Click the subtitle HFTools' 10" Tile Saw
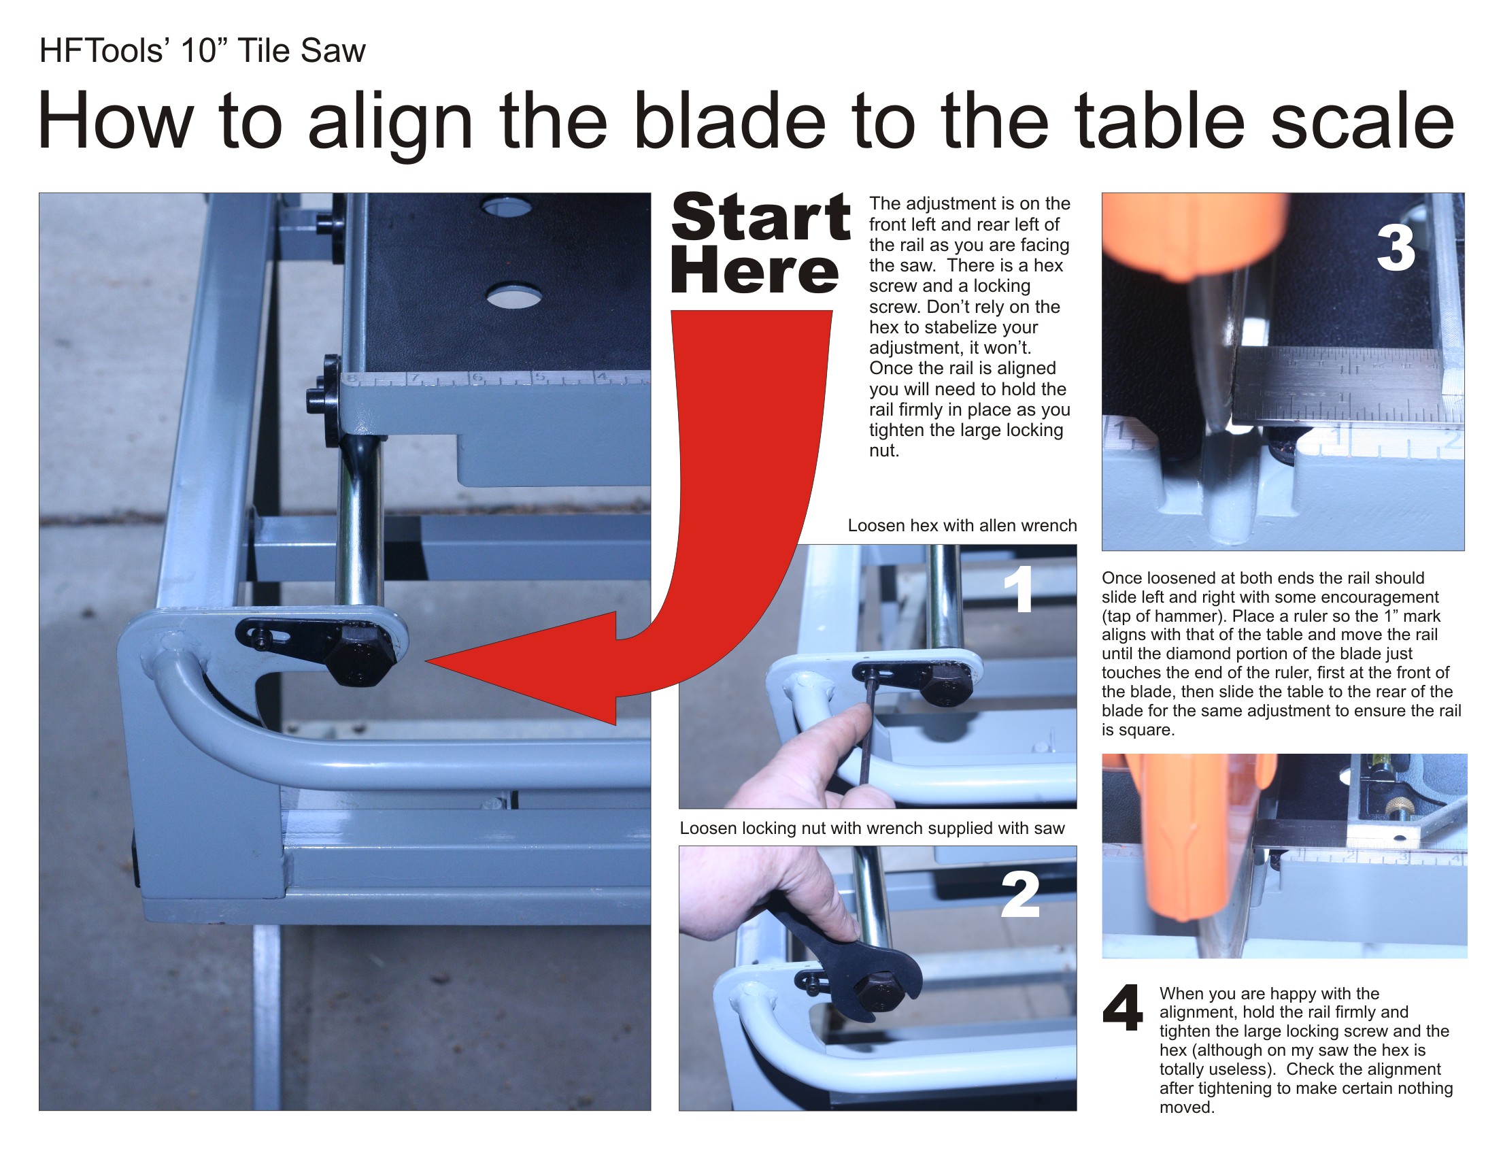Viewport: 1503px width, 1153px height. tap(203, 51)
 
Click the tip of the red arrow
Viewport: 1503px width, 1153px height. tap(427, 662)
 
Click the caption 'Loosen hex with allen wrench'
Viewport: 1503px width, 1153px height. tap(962, 526)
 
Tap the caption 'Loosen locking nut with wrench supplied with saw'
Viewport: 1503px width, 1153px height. tap(872, 829)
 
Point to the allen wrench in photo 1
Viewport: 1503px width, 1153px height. tap(867, 727)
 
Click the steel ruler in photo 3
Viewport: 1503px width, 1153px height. tap(1338, 384)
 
